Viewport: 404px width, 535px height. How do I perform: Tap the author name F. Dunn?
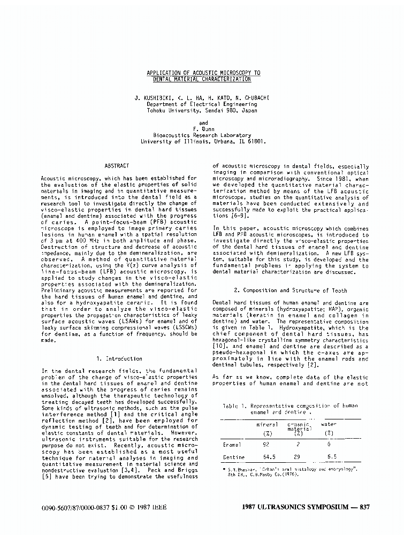tap(203, 129)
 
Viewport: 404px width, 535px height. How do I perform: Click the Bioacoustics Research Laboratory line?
tap(202, 136)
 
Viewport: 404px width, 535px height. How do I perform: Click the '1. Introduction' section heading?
tap(119, 358)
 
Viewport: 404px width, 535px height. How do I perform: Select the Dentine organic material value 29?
tap(298, 457)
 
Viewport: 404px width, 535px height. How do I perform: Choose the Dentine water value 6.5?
tap(331, 457)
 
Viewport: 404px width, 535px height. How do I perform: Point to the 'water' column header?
tap(329, 424)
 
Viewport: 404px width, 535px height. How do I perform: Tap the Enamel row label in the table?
tap(232, 444)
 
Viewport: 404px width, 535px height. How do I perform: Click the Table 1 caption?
tap(289, 409)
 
